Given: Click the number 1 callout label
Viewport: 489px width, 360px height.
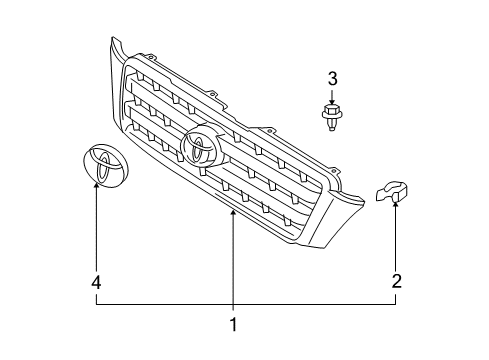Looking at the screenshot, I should point(233,324).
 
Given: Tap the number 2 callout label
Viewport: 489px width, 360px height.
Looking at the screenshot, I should point(396,282).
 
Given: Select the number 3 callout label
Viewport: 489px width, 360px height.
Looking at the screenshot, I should point(333,77).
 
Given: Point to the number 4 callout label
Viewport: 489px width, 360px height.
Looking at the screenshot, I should point(97,283).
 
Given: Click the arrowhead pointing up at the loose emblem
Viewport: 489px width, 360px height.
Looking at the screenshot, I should point(97,187).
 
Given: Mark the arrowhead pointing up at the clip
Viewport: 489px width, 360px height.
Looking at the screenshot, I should point(396,207).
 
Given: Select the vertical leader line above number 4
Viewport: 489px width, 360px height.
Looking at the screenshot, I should point(97,235).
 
